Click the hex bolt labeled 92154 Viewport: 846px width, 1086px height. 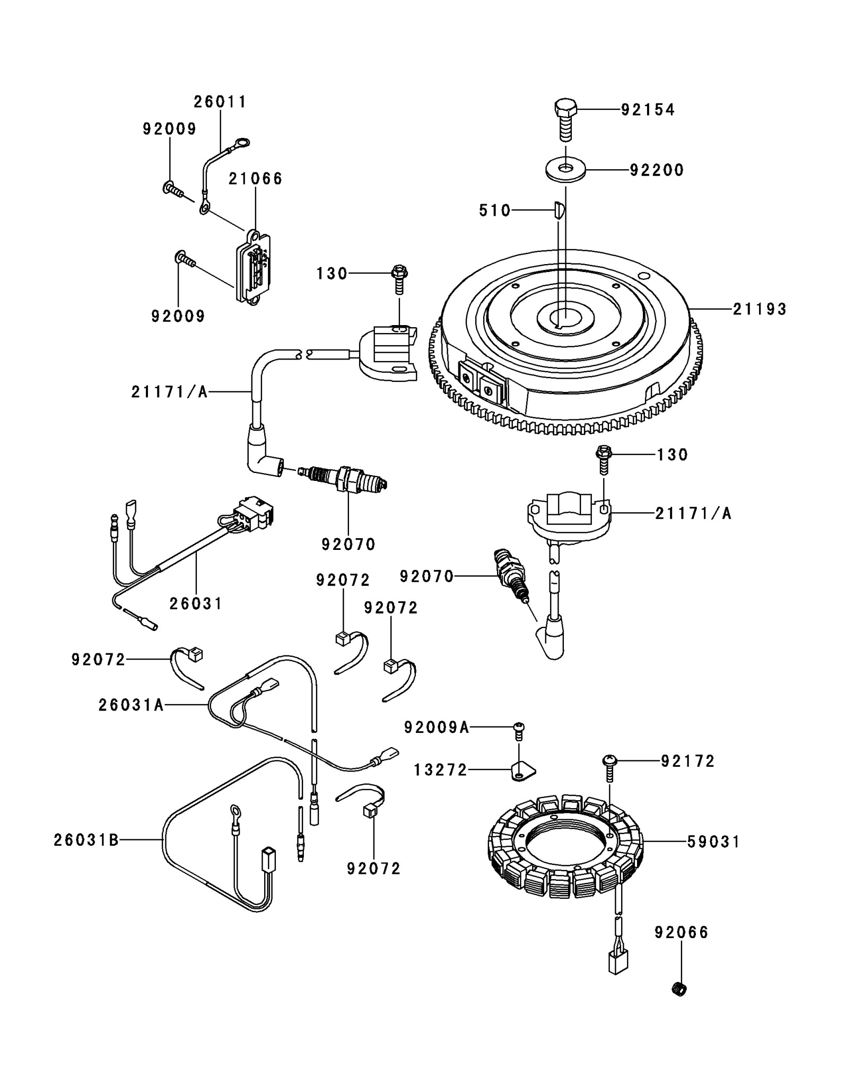click(566, 119)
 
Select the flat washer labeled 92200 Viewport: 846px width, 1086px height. click(566, 169)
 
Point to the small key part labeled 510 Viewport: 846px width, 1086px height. click(559, 210)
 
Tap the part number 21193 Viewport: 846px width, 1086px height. click(760, 309)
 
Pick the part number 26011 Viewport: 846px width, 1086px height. click(220, 101)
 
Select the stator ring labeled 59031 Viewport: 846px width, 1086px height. click(565, 845)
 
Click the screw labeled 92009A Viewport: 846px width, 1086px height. click(519, 731)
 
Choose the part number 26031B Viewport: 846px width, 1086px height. click(86, 840)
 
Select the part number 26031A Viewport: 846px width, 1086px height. click(131, 705)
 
